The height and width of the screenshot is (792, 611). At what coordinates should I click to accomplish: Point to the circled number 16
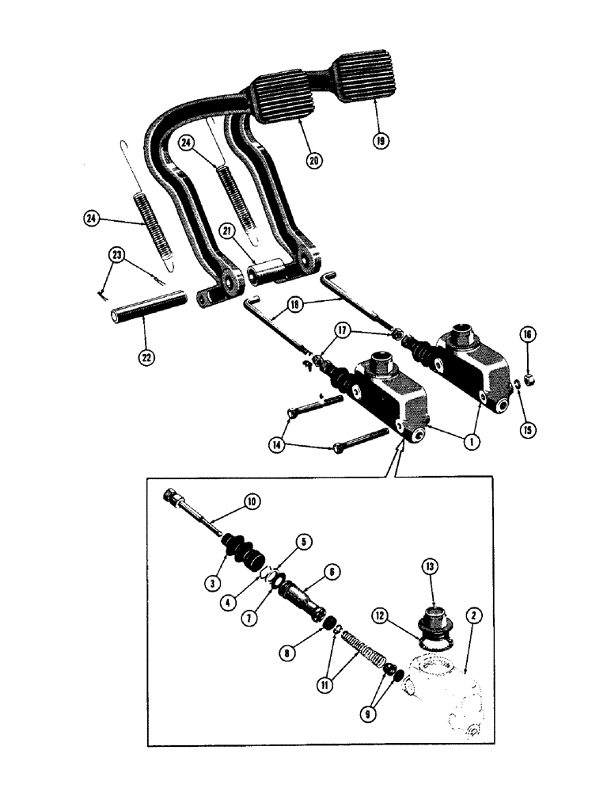pos(526,337)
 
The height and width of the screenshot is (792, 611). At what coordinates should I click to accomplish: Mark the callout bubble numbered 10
pos(251,502)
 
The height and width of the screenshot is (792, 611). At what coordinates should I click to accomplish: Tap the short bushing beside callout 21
pos(268,274)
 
